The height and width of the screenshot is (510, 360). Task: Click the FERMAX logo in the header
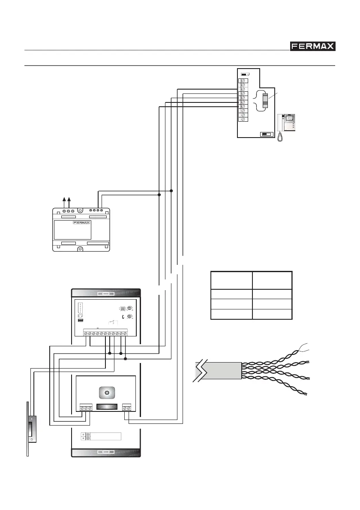coord(312,46)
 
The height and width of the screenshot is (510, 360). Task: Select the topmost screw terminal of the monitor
coord(243,80)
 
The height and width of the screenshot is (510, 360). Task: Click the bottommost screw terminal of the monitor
coord(243,119)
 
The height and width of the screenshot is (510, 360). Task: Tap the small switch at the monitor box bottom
coord(267,134)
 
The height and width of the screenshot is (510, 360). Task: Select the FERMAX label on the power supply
coord(84,224)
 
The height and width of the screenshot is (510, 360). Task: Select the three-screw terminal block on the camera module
coord(86,408)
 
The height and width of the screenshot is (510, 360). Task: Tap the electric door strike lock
coord(32,429)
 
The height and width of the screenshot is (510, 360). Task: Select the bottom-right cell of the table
coord(272,314)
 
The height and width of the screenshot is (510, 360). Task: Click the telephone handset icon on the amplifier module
coord(123,317)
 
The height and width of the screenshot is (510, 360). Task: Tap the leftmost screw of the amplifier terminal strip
coord(85,333)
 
